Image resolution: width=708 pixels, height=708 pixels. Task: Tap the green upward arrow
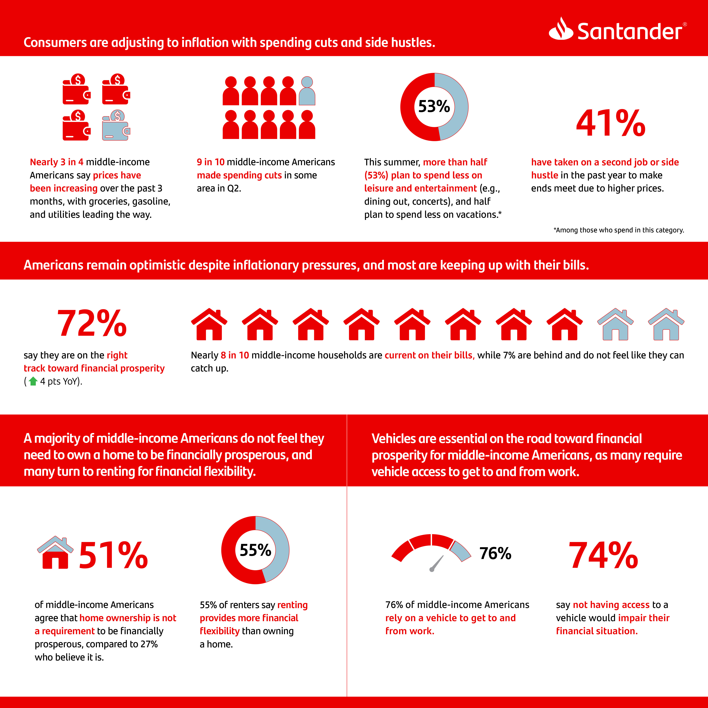(x=33, y=381)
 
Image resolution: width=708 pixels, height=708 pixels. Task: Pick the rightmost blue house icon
(x=666, y=324)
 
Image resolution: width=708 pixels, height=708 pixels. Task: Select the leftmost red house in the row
(x=209, y=324)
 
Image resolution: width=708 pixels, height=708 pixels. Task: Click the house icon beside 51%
(x=55, y=553)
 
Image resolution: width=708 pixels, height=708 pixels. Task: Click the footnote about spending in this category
(x=619, y=230)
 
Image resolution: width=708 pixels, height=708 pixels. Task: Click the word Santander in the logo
(x=630, y=31)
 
